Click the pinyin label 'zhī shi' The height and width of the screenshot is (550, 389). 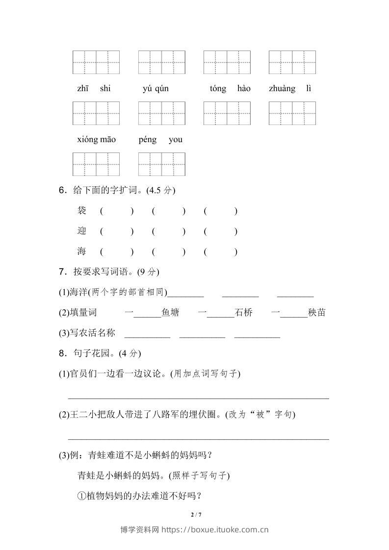pos(94,89)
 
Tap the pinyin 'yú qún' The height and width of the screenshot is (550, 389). pos(156,89)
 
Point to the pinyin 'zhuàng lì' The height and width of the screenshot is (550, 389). pos(290,89)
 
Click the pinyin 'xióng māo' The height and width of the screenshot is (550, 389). pos(96,140)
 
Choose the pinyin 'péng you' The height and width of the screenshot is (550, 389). pos(160,140)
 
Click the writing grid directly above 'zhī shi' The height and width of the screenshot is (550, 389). pos(96,62)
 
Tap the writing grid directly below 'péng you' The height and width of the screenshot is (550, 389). pos(161,164)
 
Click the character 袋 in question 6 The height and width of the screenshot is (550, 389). pos(82,211)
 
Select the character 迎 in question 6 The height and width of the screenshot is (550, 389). pos(82,231)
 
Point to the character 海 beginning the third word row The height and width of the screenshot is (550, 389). pos(82,252)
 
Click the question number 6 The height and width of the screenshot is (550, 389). pos(62,190)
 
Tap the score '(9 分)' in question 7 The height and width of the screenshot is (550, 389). pos(148,272)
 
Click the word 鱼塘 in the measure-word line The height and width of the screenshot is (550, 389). pos(170,313)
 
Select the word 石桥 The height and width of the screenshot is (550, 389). pos(243,313)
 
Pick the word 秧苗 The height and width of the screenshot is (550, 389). pos(316,313)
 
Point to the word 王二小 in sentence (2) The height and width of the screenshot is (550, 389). pos(82,415)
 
